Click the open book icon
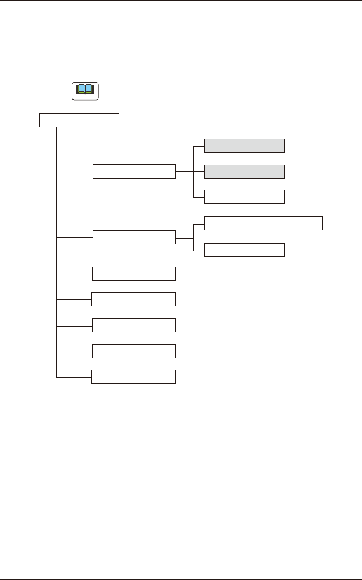(85, 91)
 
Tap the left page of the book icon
(81, 89)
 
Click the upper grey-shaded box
(244, 145)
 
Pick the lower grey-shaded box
(244, 172)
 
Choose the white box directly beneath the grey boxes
(244, 197)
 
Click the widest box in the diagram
(264, 223)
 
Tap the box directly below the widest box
(244, 250)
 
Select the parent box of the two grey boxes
(134, 171)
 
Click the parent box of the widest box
(134, 237)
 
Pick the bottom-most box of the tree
(134, 377)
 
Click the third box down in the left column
(134, 274)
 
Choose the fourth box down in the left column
(134, 299)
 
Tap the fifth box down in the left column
(134, 325)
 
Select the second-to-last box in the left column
(134, 351)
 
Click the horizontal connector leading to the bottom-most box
(74, 377)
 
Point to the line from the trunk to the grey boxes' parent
(75, 171)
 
